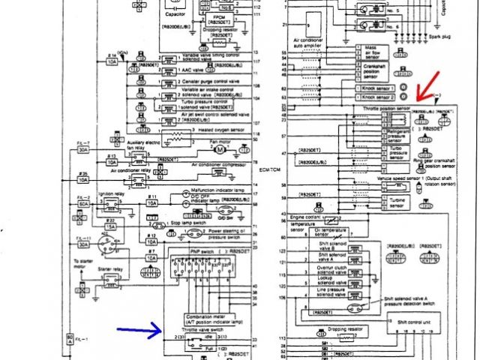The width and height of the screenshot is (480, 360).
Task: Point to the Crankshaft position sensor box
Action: [x=375, y=71]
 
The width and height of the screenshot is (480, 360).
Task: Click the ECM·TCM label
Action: [x=268, y=169]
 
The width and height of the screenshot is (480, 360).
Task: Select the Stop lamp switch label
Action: [x=197, y=223]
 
